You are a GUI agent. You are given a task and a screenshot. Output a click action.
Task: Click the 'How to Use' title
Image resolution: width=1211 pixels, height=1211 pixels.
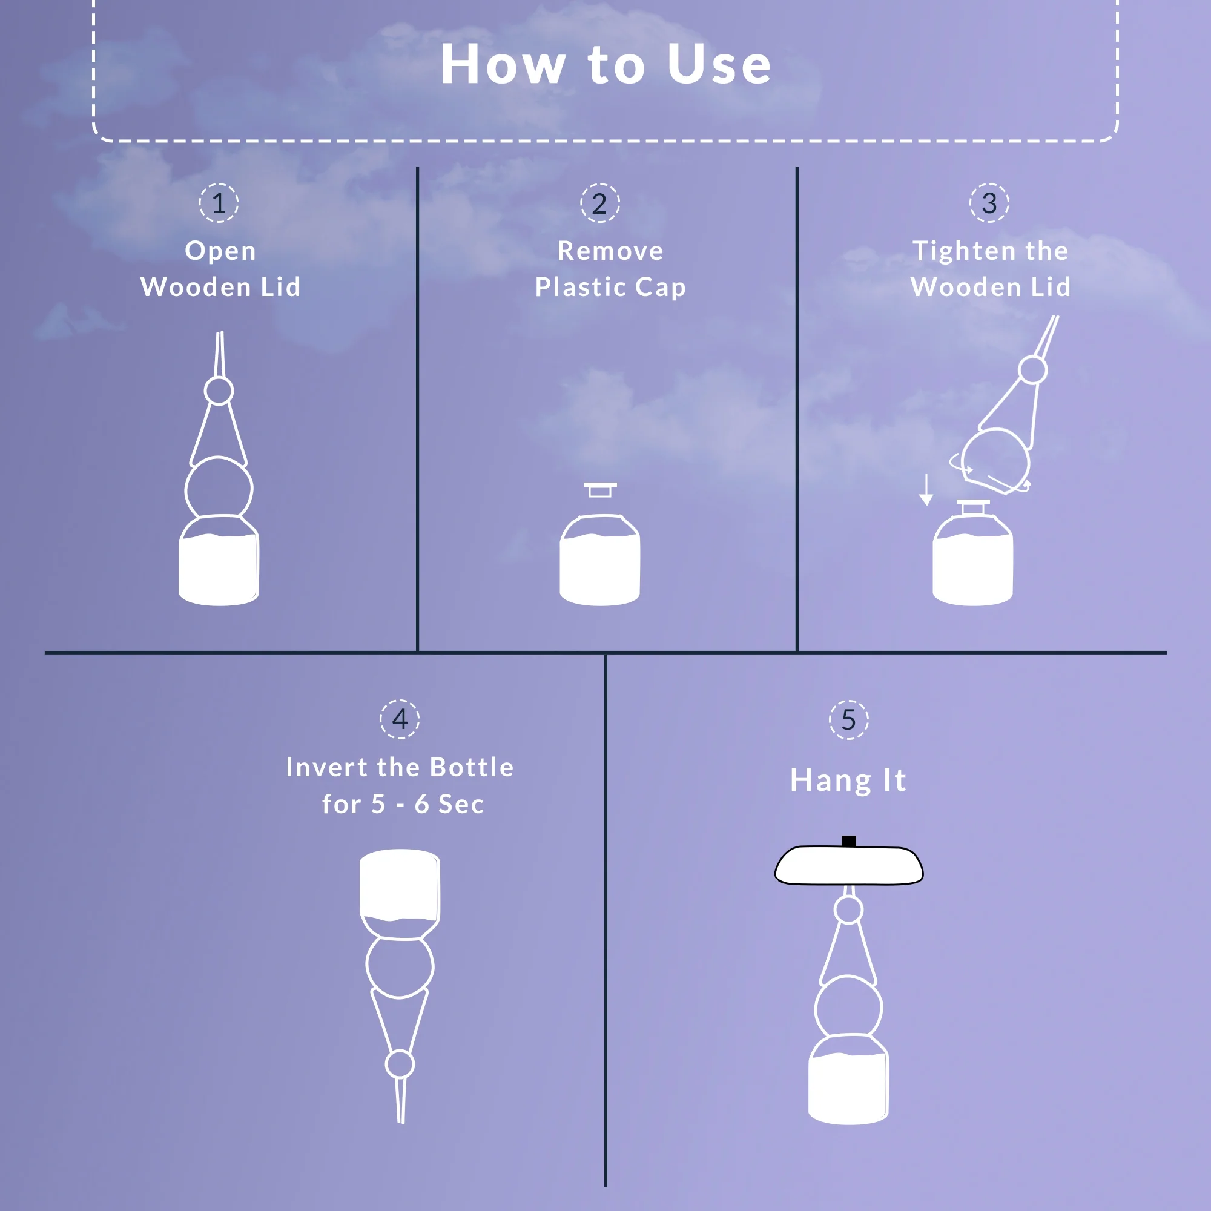(605, 64)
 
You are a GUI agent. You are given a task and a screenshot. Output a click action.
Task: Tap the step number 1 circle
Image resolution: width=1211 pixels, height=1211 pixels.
(219, 202)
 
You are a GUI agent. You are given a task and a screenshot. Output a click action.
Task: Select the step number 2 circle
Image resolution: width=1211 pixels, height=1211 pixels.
(600, 202)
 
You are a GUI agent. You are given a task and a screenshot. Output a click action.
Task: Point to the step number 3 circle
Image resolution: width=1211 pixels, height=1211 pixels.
(989, 202)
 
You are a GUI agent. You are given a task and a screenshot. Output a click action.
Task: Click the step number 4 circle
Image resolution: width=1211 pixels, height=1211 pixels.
(400, 719)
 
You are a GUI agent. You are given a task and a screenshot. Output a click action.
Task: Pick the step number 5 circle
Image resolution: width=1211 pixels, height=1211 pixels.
(849, 719)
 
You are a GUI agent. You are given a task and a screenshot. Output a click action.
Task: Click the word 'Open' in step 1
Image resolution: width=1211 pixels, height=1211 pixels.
(220, 251)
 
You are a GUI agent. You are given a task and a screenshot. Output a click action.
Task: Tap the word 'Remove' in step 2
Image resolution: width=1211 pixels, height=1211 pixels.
(610, 251)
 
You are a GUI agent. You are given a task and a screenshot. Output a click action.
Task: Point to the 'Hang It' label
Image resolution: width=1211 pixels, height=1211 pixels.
(848, 781)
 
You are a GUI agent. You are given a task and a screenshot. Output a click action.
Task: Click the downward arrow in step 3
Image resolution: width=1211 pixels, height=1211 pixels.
(926, 490)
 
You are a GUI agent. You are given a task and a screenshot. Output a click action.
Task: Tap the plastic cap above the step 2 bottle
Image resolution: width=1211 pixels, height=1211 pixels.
(600, 489)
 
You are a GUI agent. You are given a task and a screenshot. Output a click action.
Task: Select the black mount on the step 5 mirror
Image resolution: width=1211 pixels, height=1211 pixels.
(849, 841)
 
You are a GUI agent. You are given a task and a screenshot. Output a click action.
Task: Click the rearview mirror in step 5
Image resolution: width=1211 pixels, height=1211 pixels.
(849, 865)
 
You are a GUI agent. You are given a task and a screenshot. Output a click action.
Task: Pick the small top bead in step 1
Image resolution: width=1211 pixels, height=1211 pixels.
(219, 391)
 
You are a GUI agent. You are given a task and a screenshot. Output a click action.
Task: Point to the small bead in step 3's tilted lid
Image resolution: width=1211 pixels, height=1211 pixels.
(1033, 370)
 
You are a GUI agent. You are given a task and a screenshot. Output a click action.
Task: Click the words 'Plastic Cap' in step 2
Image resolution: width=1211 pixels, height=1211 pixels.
(610, 288)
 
